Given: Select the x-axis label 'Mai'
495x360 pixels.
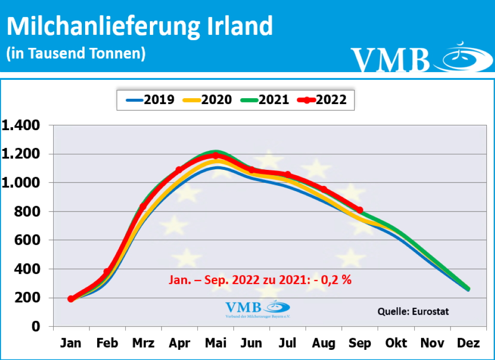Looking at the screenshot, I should [x=215, y=343].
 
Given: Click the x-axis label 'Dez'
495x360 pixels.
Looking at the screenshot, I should [x=467, y=343].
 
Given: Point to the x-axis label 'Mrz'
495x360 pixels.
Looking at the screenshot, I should [x=143, y=343].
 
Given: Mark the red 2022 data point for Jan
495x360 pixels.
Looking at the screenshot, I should [x=71, y=299].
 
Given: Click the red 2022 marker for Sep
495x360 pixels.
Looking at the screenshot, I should [x=360, y=210].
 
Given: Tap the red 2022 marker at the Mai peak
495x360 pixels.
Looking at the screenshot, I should [x=215, y=155].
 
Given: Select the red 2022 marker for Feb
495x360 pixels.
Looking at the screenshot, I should [x=107, y=272].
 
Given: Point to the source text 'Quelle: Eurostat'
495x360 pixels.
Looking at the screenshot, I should [x=413, y=312].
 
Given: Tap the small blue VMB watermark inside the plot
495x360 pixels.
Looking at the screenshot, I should [x=257, y=309].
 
